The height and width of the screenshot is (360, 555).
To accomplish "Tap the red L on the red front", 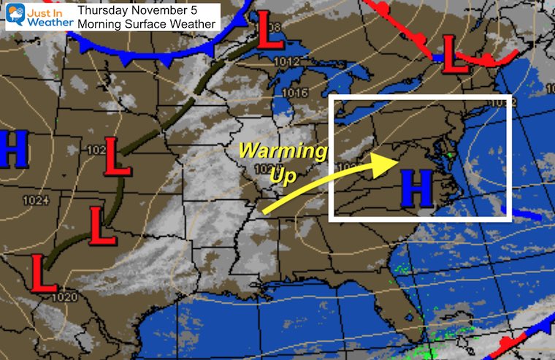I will point(457,58).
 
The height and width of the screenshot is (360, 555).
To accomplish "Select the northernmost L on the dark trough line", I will point(118,156).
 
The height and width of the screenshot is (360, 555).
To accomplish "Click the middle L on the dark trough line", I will point(102,225).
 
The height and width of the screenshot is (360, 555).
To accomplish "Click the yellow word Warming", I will point(283,153).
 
